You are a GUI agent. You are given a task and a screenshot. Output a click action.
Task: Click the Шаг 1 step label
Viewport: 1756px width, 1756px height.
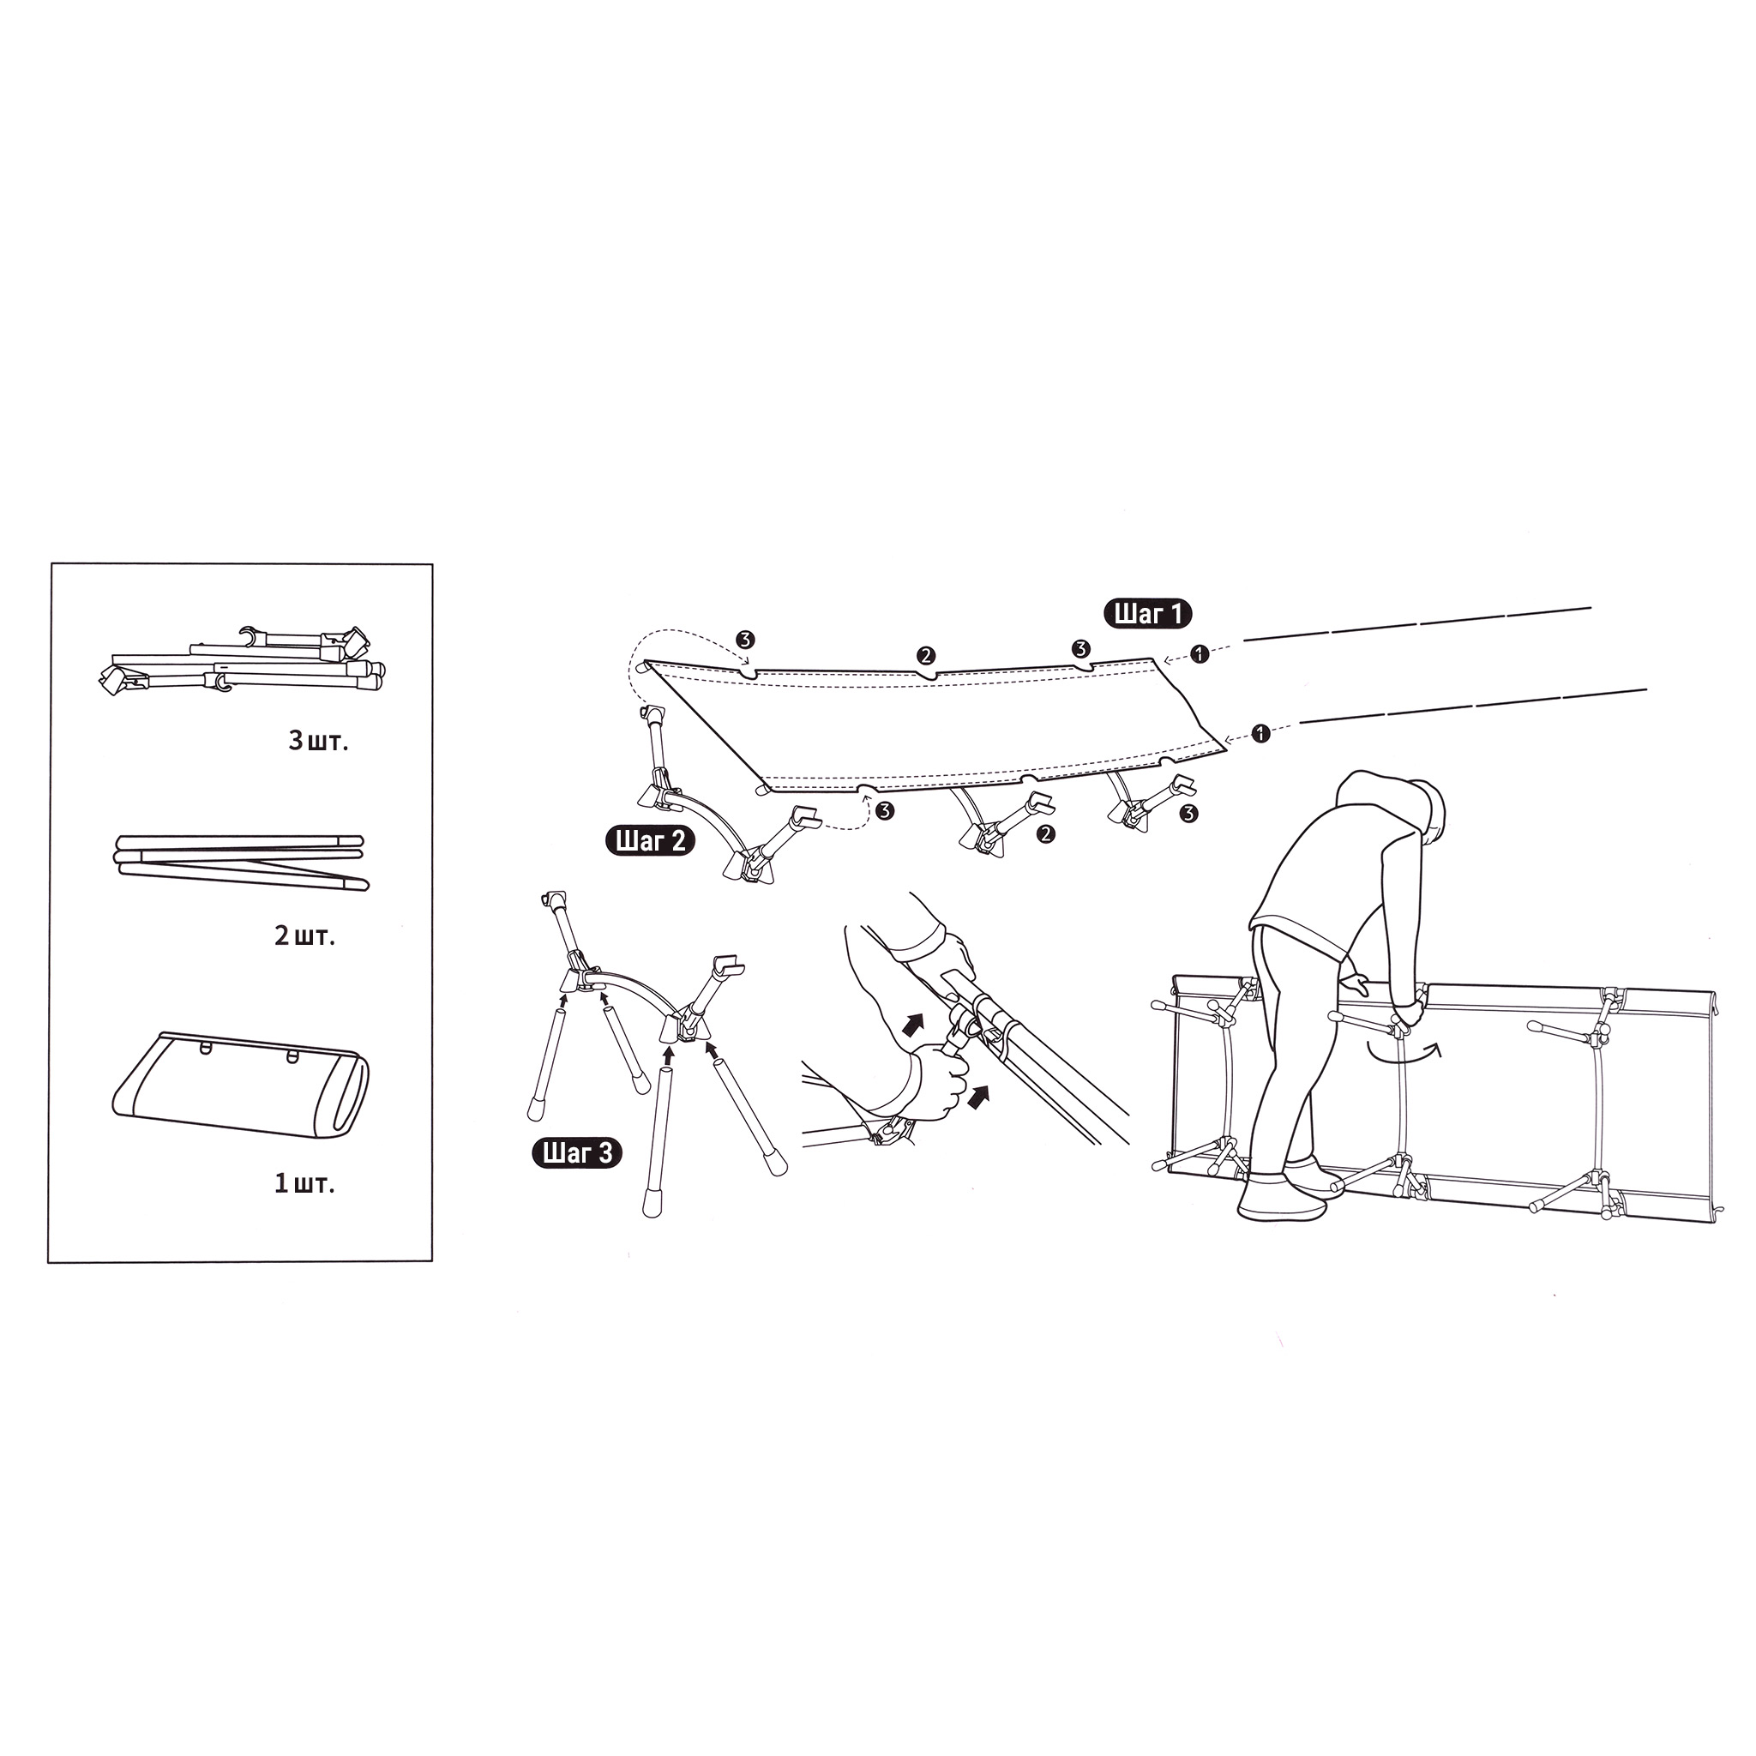coord(1147,614)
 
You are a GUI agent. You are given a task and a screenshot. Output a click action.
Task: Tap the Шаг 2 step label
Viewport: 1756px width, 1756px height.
coord(650,841)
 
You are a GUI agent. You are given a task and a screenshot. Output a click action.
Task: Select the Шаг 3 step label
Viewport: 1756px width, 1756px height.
coord(577,1153)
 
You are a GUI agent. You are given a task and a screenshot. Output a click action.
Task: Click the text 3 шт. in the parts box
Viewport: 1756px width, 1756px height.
coord(318,741)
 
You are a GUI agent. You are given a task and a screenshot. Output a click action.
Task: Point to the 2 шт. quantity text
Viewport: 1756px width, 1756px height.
coord(305,935)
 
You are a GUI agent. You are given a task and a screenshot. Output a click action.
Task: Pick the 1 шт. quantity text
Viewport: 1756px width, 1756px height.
coord(304,1183)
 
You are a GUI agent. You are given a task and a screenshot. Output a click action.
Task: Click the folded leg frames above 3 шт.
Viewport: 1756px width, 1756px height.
coord(243,661)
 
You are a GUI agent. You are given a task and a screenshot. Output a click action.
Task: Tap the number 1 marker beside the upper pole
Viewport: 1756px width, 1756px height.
coord(1200,653)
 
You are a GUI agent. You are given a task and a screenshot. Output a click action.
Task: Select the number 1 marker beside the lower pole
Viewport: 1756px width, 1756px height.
coord(1260,732)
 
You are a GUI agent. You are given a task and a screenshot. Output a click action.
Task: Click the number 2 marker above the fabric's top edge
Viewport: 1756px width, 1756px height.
coord(925,654)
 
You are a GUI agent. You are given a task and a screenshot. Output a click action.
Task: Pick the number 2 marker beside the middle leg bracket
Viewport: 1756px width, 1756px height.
coord(1046,833)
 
